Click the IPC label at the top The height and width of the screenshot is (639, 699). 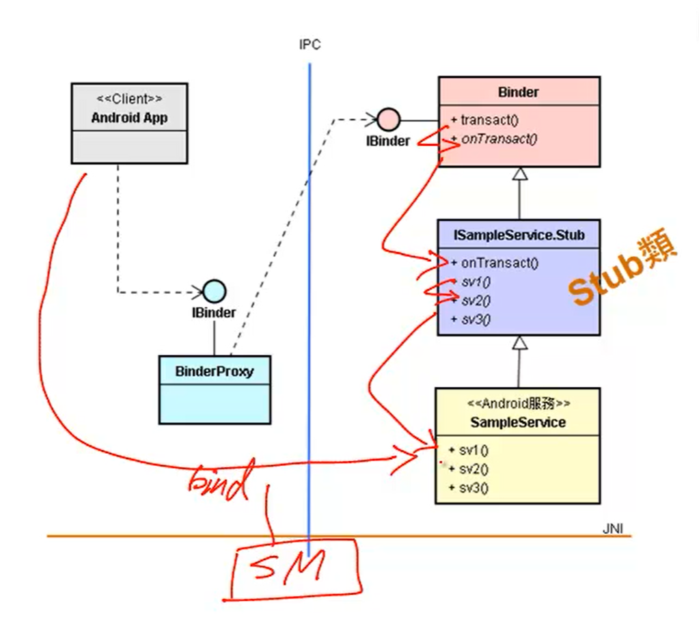(310, 45)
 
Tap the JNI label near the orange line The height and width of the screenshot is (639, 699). (612, 528)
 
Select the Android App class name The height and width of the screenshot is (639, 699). (129, 118)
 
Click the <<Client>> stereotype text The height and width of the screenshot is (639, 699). (129, 99)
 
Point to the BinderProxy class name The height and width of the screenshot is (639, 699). (215, 372)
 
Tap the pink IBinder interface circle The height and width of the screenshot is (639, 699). (389, 120)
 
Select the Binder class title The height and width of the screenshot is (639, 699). (519, 92)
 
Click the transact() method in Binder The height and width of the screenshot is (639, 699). (489, 120)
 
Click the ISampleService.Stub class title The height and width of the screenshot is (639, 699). (519, 236)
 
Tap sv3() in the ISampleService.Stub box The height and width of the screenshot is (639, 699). (476, 319)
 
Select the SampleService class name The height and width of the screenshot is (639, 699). (518, 422)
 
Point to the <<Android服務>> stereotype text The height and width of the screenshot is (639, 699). (518, 404)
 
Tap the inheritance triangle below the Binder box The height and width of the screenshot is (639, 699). (520, 174)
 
